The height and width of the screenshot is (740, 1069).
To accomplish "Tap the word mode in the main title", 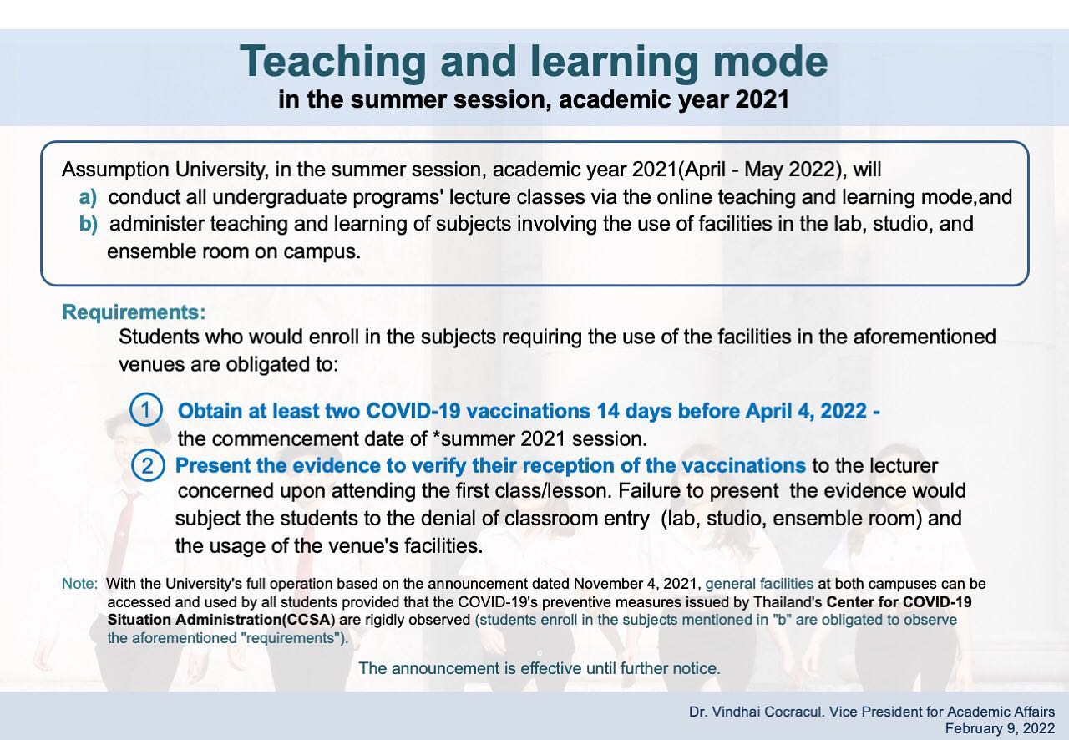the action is pos(770,62).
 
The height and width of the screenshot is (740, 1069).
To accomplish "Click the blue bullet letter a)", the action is pos(88,197).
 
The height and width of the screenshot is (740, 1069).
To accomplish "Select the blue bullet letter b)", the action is pos(89,224).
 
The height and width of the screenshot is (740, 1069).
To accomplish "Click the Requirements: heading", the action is pos(134,312).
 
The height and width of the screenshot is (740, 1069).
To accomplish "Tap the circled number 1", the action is pos(146,409).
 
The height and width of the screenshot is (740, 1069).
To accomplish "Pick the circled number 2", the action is pos(148,464).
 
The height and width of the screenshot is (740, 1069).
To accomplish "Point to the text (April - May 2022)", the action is pos(760,170).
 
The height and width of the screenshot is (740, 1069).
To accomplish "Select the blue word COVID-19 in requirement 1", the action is pos(413,411).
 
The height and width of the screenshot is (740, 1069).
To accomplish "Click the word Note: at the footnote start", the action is pos(79,584).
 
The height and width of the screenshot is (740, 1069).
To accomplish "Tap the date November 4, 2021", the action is pos(637,584).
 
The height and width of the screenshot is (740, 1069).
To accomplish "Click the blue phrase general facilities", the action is pos(759,584).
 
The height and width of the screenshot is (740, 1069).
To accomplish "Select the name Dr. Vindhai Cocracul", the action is pos(757,712).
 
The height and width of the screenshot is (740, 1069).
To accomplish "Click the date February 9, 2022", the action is pos(1000,728).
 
